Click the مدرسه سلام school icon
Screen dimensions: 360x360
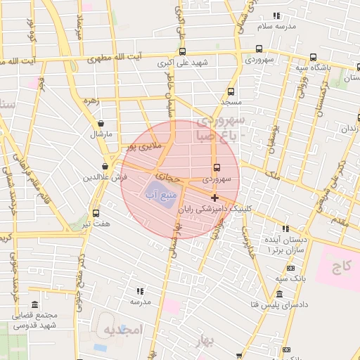(x=276, y=15)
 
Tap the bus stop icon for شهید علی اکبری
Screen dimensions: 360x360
(x=183, y=51)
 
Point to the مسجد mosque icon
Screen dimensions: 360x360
(x=229, y=91)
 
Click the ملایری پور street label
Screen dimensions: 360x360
(x=146, y=146)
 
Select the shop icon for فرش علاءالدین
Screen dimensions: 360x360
(x=105, y=167)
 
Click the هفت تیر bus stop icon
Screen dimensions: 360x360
(x=96, y=213)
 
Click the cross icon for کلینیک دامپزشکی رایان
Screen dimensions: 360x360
(x=214, y=198)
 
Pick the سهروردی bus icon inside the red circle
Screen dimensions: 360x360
(x=216, y=167)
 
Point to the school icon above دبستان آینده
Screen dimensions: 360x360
(x=285, y=229)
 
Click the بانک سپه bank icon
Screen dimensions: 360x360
(x=290, y=268)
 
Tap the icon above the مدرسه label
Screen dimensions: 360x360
(x=140, y=290)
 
